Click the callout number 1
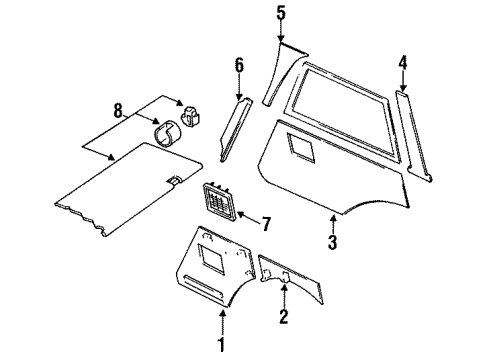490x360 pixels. [223, 346]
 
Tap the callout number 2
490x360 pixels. [283, 319]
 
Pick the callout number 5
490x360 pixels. [281, 14]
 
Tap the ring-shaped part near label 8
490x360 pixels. [168, 131]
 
